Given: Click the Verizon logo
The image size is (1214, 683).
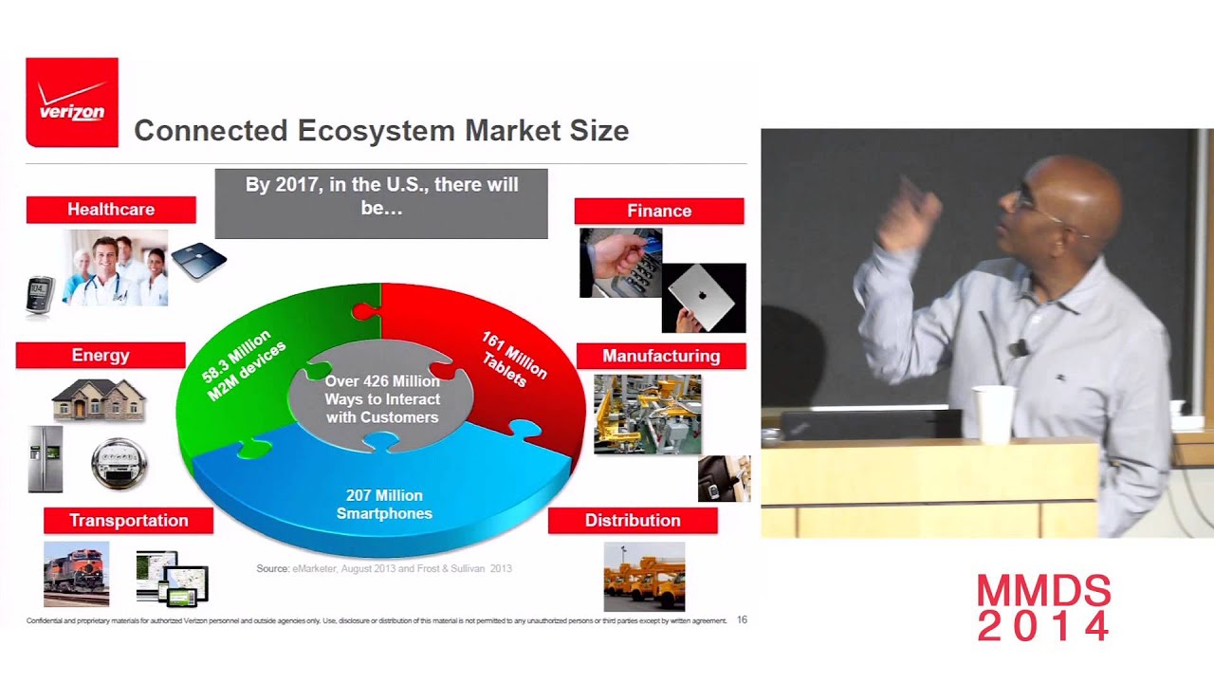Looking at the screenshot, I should coord(72,102).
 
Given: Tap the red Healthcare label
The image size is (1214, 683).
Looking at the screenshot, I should coord(111,210).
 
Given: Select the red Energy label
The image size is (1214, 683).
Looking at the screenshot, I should coord(101,356).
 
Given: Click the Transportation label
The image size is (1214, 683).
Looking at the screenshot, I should coord(129,521).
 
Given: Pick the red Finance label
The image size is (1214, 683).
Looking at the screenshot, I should coord(659,212).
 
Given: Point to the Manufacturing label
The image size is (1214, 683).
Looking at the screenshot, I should coord(661,357).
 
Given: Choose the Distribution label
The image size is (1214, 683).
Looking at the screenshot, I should coord(633,521).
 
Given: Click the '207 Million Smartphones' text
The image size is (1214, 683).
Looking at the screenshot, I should coord(384,505).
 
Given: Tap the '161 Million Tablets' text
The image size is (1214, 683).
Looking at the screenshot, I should coord(512,360).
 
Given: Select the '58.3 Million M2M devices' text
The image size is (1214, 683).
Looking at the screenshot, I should coord(244,365).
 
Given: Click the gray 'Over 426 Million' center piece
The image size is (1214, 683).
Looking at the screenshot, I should coord(381,399).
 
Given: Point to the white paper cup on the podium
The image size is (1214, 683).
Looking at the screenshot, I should coord(993,415).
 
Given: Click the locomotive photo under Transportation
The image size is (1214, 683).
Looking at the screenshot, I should coord(76,574).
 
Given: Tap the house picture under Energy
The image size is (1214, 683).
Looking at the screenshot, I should coord(99,400).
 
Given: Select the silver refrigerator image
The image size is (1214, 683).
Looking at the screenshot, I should coord(46,459).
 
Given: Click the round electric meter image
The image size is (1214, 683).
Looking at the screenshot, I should coord(120,464).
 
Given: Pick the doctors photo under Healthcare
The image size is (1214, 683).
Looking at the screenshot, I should coord(115,268).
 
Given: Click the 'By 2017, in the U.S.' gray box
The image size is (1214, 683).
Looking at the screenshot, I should coord(381,203).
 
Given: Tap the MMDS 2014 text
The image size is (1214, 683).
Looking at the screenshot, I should coord(1043,608).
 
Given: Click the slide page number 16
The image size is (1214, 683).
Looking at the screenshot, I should coord(742,619).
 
